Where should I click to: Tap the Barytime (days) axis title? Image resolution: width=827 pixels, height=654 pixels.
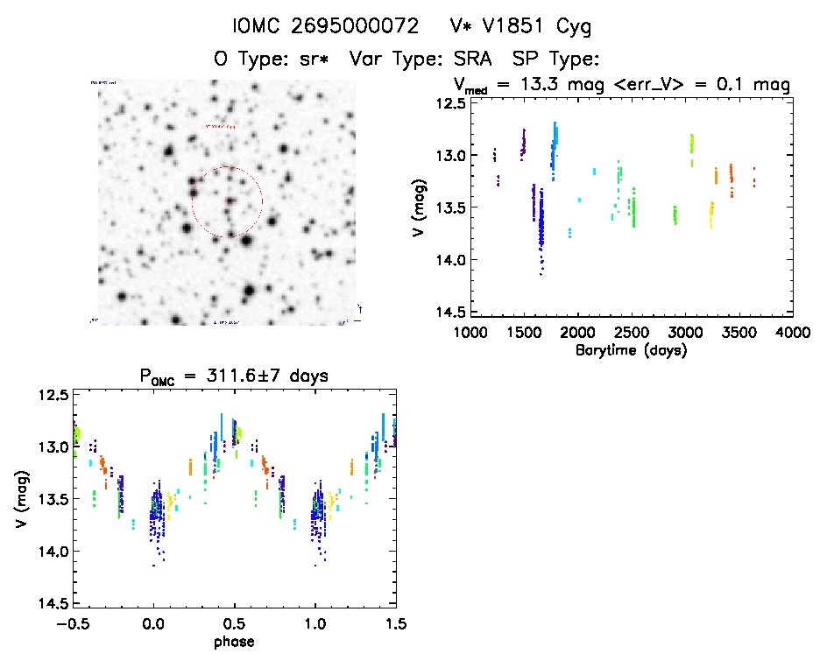click(630, 350)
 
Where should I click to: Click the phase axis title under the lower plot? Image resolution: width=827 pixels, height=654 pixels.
click(234, 642)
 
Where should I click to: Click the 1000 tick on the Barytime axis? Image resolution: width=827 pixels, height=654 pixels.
click(470, 333)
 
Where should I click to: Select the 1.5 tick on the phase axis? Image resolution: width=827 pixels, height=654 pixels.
click(395, 624)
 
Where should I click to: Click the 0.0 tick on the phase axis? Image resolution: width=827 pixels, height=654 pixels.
click(153, 624)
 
